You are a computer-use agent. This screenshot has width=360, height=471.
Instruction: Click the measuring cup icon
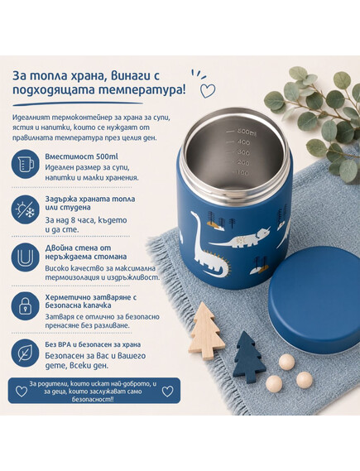click(25, 164)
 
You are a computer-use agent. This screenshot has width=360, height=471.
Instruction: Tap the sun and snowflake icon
click(25, 209)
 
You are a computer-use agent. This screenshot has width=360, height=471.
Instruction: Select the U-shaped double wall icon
click(25, 257)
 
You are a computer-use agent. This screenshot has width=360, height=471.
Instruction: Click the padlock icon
click(25, 305)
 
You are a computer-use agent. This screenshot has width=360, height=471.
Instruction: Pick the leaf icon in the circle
click(25, 353)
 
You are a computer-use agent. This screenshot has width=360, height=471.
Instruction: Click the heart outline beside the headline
click(208, 91)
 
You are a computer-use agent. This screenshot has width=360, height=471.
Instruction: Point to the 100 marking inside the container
click(242, 173)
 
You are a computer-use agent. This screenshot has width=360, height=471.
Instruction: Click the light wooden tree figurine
click(207, 331)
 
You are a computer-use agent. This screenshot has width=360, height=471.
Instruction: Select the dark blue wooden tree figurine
click(248, 358)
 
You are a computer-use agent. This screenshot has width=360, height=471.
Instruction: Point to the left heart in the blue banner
click(22, 391)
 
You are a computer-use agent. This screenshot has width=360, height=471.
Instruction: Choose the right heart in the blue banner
click(167, 391)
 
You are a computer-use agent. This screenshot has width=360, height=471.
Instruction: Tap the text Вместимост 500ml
click(81, 156)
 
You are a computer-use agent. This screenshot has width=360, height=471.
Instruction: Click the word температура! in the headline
click(142, 90)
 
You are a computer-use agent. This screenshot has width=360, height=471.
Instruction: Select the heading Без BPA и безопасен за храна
click(93, 344)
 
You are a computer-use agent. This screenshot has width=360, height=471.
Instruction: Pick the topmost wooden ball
click(286, 362)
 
